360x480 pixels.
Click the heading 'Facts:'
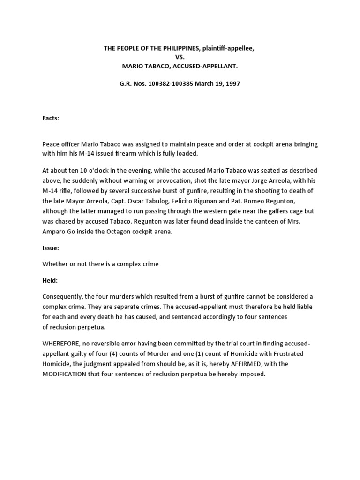tap(51, 119)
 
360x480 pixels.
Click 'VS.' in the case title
tap(180, 57)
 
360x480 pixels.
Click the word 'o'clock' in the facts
tap(98, 171)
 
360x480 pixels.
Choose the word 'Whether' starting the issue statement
tap(55, 264)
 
